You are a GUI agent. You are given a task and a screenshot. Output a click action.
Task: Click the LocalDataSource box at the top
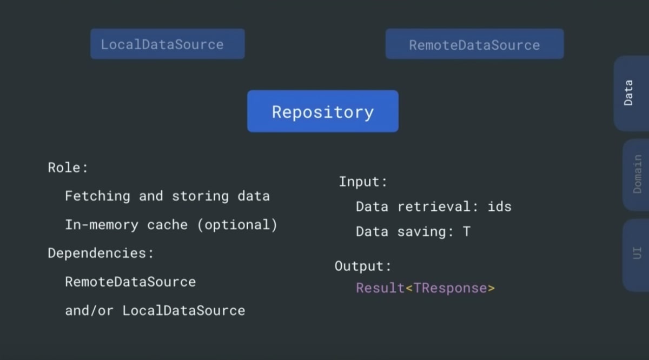point(168,44)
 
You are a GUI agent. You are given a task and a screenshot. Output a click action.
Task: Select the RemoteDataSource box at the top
point(475,44)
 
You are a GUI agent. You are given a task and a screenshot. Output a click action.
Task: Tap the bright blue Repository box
point(323,111)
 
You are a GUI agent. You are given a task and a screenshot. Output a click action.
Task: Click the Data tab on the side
point(631,94)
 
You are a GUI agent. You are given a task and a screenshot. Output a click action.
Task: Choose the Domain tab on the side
point(636,175)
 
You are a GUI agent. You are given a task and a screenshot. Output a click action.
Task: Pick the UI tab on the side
point(636,255)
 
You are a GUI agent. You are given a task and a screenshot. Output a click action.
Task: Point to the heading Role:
point(68,168)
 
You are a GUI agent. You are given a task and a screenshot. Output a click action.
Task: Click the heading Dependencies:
point(101,254)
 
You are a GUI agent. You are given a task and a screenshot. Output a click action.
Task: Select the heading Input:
point(363,182)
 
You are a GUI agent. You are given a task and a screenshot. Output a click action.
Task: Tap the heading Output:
point(363,266)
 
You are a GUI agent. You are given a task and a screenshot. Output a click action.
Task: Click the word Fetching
point(98,196)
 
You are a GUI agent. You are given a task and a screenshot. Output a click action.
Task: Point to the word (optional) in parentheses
point(237,225)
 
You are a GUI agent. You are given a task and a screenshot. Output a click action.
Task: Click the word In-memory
point(102,225)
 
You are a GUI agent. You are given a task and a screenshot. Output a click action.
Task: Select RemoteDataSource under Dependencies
point(130,282)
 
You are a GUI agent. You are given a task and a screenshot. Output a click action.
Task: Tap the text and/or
point(89,310)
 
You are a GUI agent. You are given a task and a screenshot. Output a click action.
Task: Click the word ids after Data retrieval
point(500,207)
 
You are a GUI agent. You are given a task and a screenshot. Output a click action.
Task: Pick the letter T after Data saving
point(466,232)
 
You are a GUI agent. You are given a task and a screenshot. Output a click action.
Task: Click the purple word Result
point(380,288)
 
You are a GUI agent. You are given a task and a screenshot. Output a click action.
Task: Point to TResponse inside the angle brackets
point(450,289)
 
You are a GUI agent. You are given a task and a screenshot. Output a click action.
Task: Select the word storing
point(200,196)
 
